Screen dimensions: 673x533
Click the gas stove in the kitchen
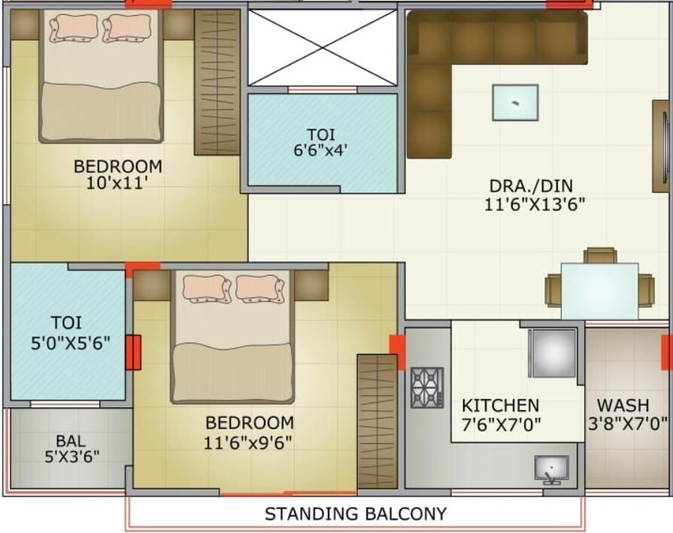pyautogui.click(x=427, y=387)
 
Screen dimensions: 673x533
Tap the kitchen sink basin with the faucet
pyautogui.click(x=551, y=470)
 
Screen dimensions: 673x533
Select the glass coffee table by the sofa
pyautogui.click(x=515, y=102)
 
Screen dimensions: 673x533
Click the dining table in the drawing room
pyautogui.click(x=599, y=291)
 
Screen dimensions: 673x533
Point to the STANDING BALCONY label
pyautogui.click(x=356, y=513)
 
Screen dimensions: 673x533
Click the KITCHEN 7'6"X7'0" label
pyautogui.click(x=501, y=416)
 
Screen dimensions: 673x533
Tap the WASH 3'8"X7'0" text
pyautogui.click(x=627, y=414)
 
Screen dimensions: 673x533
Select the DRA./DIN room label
pyautogui.click(x=532, y=186)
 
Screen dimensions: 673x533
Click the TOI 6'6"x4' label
pyautogui.click(x=320, y=143)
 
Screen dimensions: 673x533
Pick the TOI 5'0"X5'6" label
pyautogui.click(x=71, y=333)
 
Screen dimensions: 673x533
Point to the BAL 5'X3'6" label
pyautogui.click(x=71, y=449)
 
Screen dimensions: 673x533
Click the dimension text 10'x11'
pyautogui.click(x=117, y=184)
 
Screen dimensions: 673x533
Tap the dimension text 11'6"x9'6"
pyautogui.click(x=247, y=443)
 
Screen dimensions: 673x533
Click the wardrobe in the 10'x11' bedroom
pyautogui.click(x=217, y=82)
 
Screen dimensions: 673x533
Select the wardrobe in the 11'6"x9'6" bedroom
pyautogui.click(x=377, y=422)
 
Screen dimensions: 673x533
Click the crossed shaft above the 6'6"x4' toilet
pyautogui.click(x=323, y=47)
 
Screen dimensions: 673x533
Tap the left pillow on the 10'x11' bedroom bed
pyautogui.click(x=74, y=29)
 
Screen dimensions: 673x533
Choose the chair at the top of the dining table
pyautogui.click(x=600, y=255)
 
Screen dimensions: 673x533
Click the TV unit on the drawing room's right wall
pyautogui.click(x=662, y=146)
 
